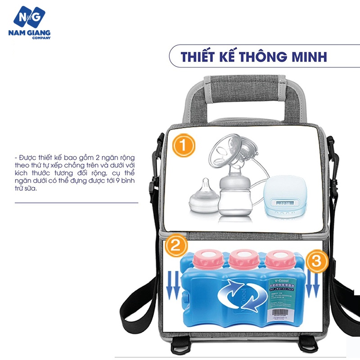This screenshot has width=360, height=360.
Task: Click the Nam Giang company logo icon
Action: pyautogui.click(x=30, y=18)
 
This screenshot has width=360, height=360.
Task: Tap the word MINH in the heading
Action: pyautogui.click(x=310, y=58)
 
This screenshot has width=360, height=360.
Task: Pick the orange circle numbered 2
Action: pyautogui.click(x=175, y=246)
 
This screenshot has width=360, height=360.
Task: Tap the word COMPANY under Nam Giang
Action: pyautogui.click(x=40, y=38)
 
